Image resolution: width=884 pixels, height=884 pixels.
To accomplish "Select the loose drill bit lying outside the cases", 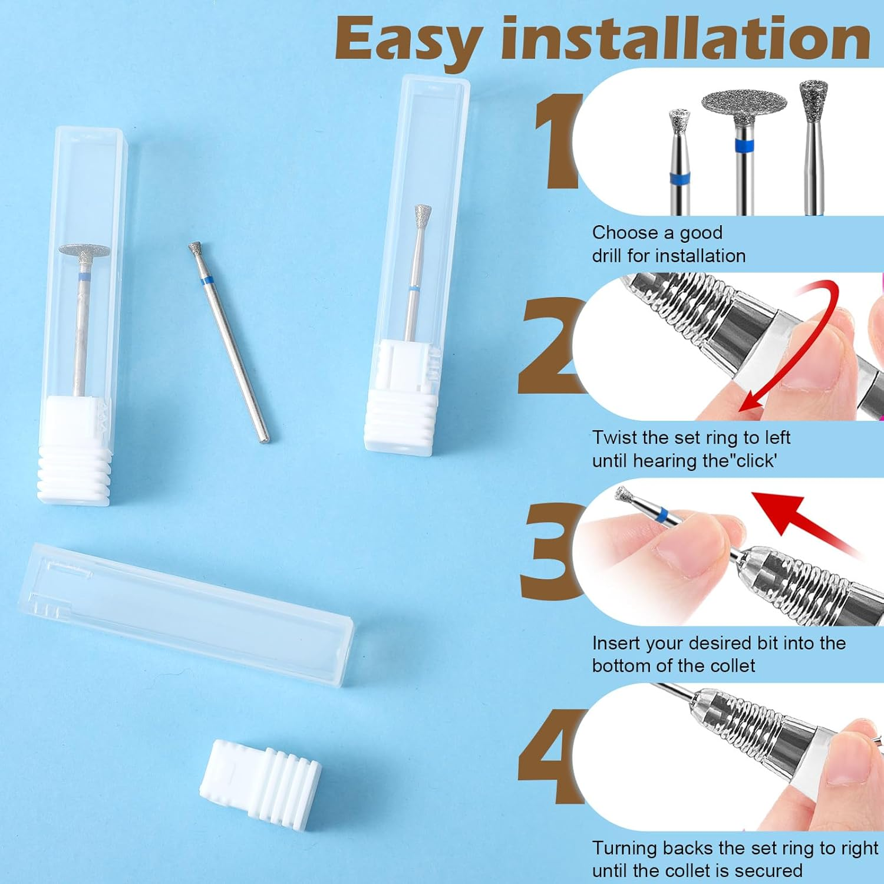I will (229, 342).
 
